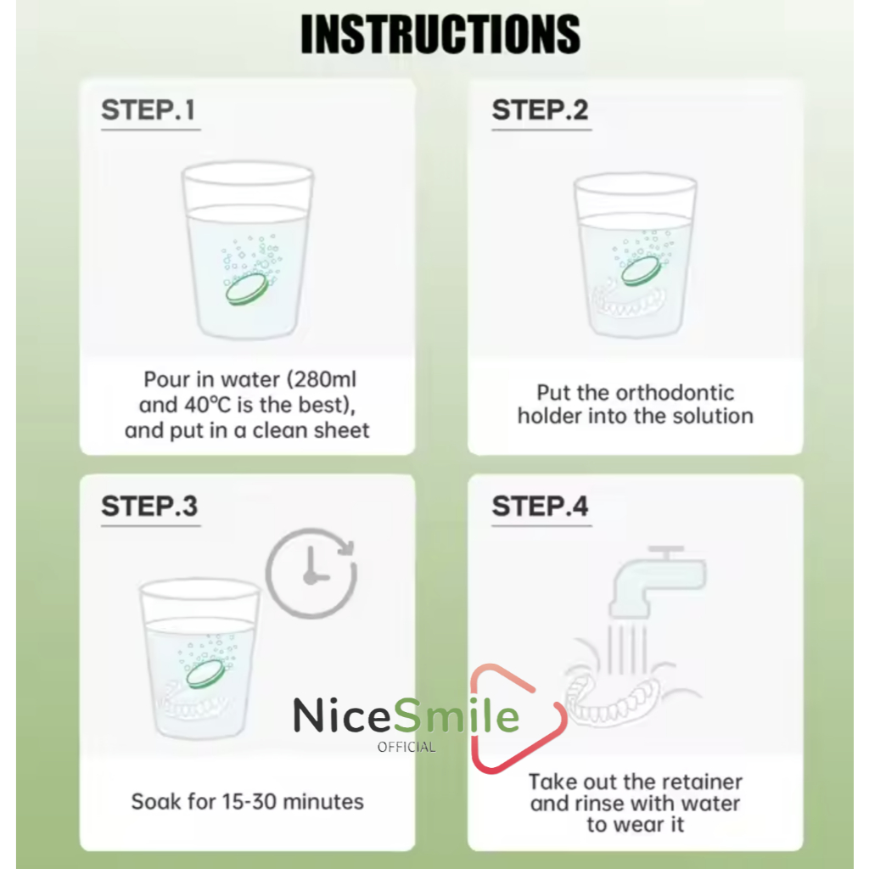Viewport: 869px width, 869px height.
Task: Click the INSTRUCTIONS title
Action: coord(440,34)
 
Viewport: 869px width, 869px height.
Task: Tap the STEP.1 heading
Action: coord(148,109)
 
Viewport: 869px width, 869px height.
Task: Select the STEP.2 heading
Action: coord(540,109)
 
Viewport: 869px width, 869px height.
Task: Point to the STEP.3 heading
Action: coord(149,506)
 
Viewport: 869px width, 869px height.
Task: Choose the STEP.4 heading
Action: coord(540,506)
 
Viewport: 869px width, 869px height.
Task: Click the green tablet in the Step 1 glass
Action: coord(247,289)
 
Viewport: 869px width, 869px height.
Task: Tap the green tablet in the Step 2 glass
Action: coord(641,271)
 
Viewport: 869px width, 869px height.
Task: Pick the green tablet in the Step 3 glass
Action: coord(205,674)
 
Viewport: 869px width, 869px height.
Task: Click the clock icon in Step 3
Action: coord(311,574)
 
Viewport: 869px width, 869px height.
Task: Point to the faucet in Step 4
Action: coord(657,582)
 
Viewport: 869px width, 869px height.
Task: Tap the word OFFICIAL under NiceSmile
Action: coord(406,747)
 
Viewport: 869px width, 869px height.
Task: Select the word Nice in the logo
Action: coord(341,715)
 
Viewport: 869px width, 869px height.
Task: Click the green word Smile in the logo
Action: coord(456,715)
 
